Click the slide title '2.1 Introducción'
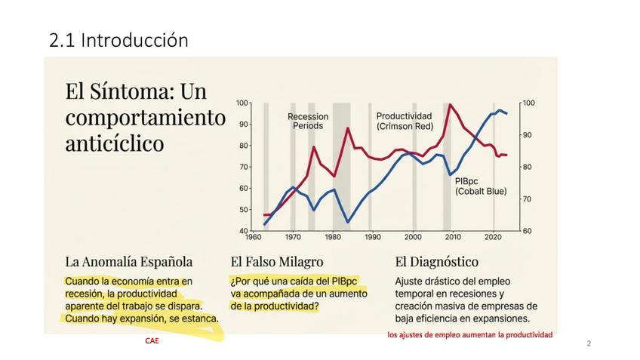point(118,41)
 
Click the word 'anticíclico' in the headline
point(114,143)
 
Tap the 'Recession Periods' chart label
point(307,121)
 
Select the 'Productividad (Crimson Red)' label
point(409,121)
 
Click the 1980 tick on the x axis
point(333,236)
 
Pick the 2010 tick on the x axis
point(453,236)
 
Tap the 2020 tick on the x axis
point(493,236)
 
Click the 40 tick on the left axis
point(243,230)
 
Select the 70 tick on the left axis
point(243,167)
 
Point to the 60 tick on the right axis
point(528,230)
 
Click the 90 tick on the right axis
point(528,135)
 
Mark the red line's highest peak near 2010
point(451,105)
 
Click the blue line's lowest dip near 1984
point(348,222)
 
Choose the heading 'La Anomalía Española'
point(128,263)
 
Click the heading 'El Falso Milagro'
point(277,263)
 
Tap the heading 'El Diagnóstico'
point(436,263)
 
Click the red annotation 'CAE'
point(152,341)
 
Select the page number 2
point(589,344)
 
